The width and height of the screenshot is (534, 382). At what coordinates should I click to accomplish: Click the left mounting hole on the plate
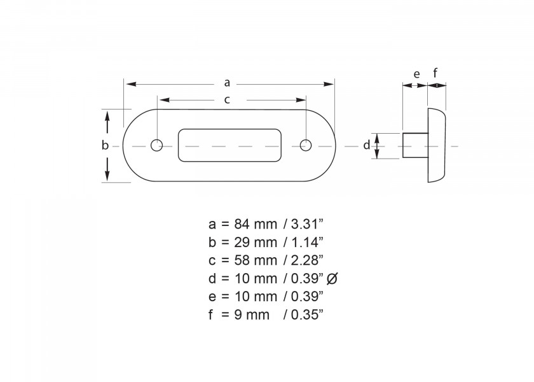pos(156,145)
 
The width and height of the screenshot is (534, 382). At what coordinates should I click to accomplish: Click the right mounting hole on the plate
pos(305,145)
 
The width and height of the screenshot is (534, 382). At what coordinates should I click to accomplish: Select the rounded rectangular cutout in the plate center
pos(230,145)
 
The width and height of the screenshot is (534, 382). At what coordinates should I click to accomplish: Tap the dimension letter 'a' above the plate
pos(227,82)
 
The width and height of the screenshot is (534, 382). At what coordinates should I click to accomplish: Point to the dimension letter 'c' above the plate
pos(227,99)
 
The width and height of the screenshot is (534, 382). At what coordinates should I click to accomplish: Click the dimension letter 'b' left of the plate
pos(106,145)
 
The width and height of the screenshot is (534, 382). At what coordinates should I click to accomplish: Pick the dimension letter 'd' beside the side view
pos(366,145)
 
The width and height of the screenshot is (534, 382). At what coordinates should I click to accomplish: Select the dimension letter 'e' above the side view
pos(416,74)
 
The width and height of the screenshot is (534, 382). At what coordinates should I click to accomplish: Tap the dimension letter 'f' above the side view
pos(435,73)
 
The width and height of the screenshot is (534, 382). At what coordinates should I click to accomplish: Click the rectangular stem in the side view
pos(414,146)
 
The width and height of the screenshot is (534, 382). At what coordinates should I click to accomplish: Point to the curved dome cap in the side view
pos(437,146)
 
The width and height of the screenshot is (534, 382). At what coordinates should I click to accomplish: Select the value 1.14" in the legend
pos(307,242)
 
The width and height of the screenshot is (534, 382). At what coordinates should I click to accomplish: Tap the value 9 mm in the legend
pos(249,315)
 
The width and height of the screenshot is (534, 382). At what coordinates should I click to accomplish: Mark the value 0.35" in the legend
pos(307,315)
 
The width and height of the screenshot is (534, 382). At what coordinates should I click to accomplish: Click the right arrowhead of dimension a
pos(331,83)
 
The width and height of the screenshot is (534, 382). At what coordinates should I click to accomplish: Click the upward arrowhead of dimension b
pos(107,115)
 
